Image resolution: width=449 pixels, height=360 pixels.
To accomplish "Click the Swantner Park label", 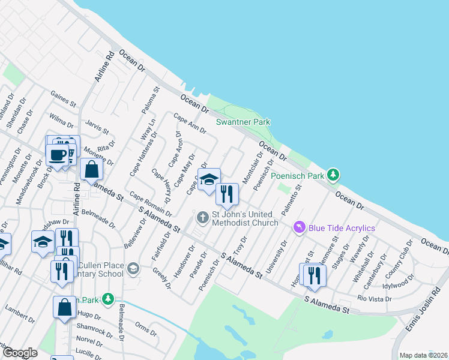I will (243, 122).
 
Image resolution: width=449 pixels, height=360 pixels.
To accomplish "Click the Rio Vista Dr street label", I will (373, 298).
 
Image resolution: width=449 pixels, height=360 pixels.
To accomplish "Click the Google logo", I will (20, 353).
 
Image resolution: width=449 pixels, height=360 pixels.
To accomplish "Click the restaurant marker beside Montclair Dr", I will (227, 193).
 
